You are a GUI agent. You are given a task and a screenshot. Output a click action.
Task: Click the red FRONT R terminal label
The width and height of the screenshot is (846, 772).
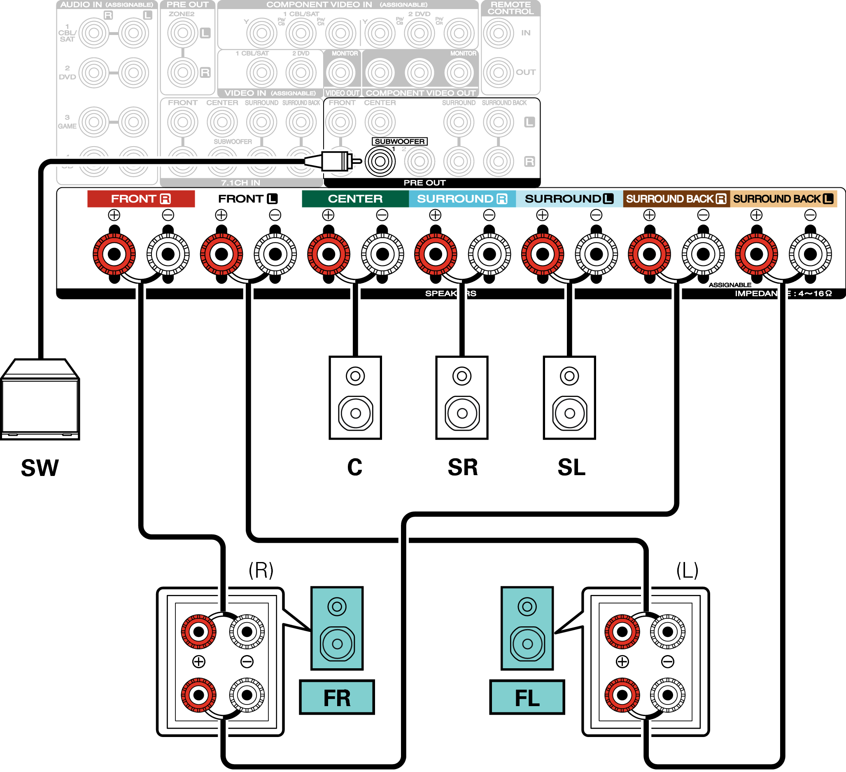coord(140,198)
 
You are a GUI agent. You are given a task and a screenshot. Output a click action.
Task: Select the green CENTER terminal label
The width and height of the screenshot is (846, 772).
coord(355,198)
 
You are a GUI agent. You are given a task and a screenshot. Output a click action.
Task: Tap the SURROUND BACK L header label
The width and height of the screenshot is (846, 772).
coord(783,198)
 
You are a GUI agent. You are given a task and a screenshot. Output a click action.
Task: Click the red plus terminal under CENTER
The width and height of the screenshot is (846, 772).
coord(329,254)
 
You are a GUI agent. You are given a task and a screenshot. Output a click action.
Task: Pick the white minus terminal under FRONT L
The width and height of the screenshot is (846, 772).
coord(275,254)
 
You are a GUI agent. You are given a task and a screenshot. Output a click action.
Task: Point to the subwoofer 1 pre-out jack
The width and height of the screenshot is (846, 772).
coord(380,162)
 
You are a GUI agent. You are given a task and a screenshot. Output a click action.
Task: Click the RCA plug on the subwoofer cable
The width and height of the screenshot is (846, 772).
coord(336,161)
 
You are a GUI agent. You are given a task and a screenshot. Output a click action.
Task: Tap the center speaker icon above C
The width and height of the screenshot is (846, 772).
coord(355,398)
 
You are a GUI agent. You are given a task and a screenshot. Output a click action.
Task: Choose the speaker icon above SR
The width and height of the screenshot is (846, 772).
coord(461,398)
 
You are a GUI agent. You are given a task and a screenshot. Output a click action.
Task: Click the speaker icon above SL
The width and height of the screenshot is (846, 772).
coord(569,398)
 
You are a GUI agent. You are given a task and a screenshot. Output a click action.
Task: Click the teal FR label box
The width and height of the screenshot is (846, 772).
coord(337,698)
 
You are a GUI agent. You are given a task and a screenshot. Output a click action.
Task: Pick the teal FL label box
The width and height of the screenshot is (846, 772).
coord(527,698)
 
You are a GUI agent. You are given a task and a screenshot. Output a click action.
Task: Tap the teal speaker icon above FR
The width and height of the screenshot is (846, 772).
coord(337,628)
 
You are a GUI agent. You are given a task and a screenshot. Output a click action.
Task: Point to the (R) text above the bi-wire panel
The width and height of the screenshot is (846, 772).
coord(261,570)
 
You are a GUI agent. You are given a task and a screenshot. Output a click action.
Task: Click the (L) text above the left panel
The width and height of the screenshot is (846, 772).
coord(687,570)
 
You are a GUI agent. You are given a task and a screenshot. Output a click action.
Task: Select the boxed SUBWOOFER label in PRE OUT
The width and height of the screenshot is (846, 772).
coord(399,142)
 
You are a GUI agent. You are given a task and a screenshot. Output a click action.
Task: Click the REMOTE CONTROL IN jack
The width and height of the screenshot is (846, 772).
coord(498,33)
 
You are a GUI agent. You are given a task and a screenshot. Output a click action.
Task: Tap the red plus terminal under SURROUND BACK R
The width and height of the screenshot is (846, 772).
coord(649,254)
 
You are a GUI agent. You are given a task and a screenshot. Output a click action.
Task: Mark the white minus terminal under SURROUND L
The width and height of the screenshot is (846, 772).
coord(596,254)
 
